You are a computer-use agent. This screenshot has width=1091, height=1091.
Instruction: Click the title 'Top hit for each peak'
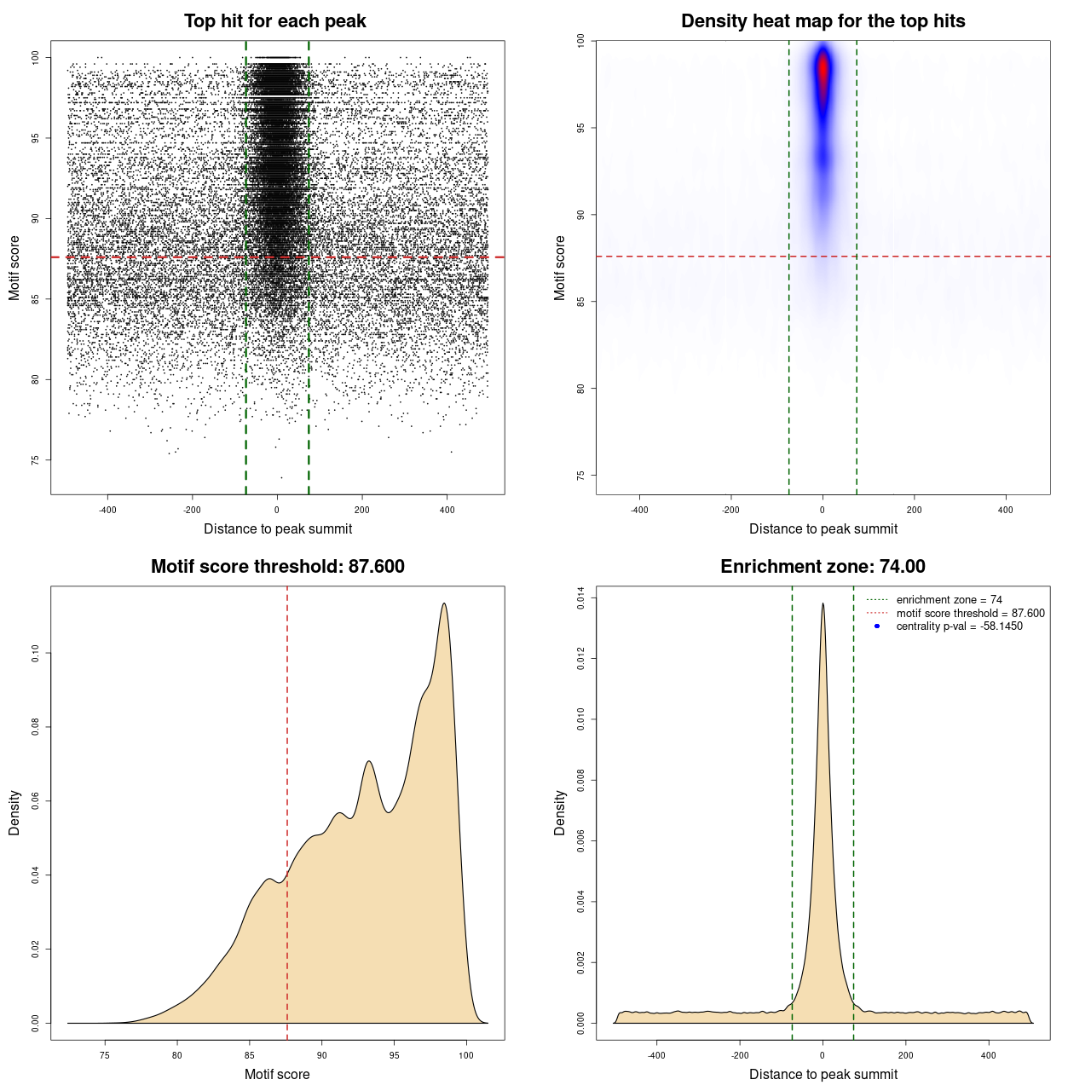[274, 21]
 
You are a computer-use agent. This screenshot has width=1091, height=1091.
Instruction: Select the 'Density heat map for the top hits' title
[823, 21]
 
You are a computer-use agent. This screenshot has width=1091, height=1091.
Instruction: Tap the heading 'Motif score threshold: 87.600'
[277, 567]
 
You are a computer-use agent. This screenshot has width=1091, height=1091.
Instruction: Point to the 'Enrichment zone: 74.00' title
[823, 567]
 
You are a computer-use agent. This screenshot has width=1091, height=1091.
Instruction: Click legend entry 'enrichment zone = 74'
[949, 600]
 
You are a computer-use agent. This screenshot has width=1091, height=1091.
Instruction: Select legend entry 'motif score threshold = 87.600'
[970, 613]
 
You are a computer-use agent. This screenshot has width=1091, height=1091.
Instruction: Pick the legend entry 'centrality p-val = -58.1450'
[959, 626]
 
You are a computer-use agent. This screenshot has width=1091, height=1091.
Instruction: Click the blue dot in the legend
[877, 626]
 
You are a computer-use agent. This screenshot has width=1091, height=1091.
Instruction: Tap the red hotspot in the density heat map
[823, 72]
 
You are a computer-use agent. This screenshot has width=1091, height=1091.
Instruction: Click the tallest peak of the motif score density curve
[444, 603]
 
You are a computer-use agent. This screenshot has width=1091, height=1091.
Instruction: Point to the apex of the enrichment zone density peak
[823, 603]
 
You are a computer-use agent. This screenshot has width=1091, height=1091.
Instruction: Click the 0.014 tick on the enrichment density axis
[581, 598]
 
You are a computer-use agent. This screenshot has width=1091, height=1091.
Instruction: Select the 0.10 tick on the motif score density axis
[36, 654]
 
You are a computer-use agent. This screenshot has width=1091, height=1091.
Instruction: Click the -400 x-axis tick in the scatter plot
[107, 510]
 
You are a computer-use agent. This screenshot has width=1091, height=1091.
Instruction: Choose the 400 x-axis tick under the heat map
[1006, 510]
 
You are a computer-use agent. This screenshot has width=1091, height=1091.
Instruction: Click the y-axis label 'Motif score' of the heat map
[560, 268]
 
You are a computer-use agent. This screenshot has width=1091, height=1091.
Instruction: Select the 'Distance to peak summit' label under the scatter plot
[278, 529]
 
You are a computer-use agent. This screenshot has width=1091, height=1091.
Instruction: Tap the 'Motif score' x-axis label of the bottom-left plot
[277, 1074]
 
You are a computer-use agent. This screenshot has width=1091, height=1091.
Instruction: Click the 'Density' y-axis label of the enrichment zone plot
[560, 812]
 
